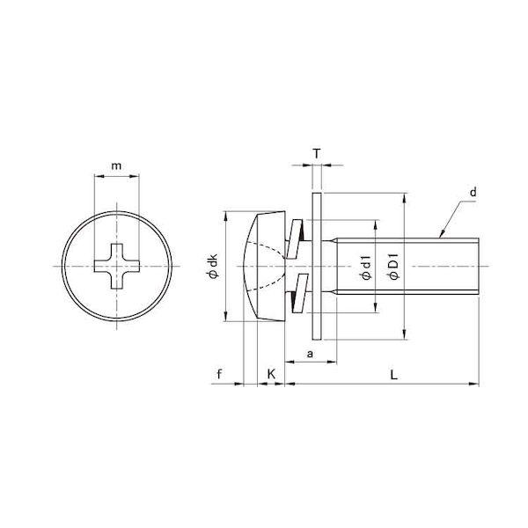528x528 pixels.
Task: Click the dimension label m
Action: point(116,166)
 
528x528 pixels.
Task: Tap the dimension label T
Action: point(317,154)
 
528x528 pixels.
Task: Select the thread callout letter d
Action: point(473,192)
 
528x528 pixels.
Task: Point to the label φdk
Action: point(214,266)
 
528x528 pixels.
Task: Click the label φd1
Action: point(366,268)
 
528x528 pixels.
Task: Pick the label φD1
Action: point(393,267)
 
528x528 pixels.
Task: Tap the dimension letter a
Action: point(310,354)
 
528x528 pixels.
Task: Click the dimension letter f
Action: point(219,374)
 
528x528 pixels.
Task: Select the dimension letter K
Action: point(271,374)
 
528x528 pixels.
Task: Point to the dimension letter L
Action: point(393,374)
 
